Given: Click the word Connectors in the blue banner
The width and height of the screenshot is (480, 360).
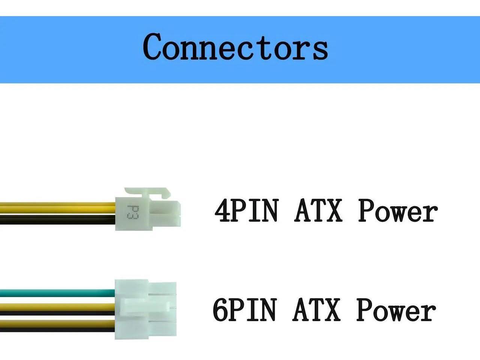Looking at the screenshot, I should coord(235,47).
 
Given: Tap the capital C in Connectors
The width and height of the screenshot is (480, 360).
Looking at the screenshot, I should coord(154,46).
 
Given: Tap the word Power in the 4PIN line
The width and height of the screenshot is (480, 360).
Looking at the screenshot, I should coord(398,211).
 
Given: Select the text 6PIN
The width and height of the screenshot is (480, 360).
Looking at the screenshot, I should coord(245,310).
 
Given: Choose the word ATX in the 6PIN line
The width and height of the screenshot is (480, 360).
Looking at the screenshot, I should coord(316,310).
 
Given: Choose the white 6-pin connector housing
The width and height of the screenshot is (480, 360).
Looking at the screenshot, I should coord(145,309).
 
